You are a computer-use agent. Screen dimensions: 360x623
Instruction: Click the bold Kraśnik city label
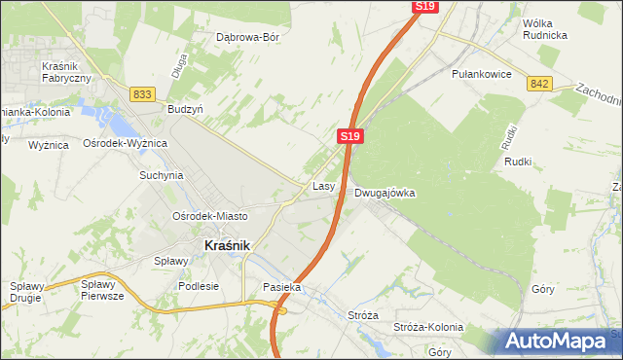228,246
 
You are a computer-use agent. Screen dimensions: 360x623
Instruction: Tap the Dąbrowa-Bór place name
247,37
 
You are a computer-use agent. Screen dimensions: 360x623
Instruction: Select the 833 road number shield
143,93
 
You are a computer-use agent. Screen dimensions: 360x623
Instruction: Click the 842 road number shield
541,85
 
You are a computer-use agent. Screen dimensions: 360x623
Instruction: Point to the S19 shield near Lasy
352,136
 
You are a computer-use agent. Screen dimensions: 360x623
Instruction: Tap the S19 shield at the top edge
424,6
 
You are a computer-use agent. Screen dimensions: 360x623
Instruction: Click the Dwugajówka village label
385,193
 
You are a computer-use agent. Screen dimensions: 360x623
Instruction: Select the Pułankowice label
482,73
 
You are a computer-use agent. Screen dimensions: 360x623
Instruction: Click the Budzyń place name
185,110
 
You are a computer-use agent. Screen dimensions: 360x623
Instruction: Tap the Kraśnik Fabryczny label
66,71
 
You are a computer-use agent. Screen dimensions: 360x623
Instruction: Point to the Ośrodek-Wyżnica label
126,143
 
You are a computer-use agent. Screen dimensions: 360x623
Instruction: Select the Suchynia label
161,176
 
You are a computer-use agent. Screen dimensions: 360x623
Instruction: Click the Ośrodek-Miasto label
209,215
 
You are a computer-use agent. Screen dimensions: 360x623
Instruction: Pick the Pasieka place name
282,288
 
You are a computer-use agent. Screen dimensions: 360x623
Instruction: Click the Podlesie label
199,287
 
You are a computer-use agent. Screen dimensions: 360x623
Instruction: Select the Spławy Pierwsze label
102,290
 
